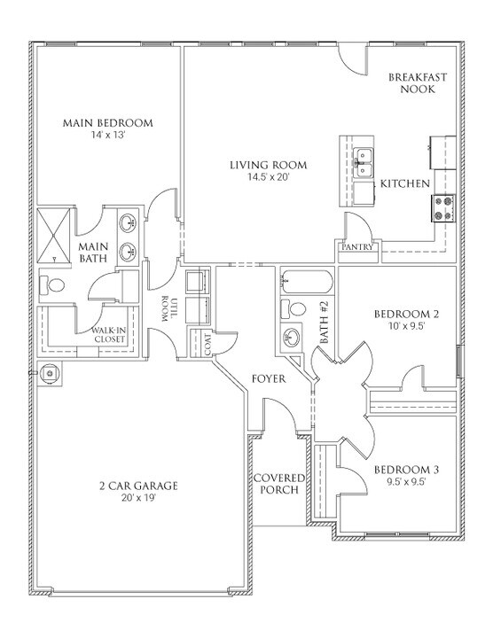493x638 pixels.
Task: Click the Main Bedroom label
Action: click(108, 122)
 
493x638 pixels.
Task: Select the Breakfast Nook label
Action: click(417, 83)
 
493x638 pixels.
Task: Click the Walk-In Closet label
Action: click(109, 334)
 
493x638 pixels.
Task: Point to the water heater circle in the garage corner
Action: click(51, 373)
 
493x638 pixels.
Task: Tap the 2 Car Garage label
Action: click(138, 485)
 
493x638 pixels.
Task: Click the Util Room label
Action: click(168, 310)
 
